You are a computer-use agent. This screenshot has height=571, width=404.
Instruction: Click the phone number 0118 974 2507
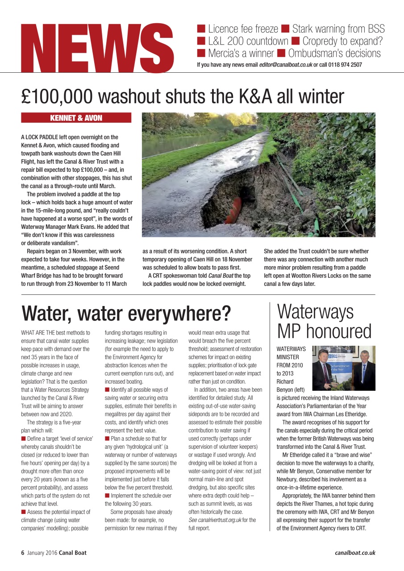point(345,65)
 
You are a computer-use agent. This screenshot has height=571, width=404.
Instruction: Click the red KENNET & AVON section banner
point(76,118)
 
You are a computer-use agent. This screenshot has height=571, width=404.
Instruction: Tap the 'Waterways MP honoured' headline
point(324,321)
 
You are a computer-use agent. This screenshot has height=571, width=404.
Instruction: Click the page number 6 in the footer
point(23,553)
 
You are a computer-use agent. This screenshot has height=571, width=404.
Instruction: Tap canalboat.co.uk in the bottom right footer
point(355,553)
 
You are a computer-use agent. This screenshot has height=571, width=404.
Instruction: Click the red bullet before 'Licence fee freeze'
point(201,29)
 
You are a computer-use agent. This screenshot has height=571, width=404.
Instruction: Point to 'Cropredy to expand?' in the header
point(343,41)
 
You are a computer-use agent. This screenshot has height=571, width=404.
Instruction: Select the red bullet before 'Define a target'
point(24,439)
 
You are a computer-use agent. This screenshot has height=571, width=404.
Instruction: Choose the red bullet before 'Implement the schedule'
point(107,496)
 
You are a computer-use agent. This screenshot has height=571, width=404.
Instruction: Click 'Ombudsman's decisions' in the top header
point(334,54)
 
